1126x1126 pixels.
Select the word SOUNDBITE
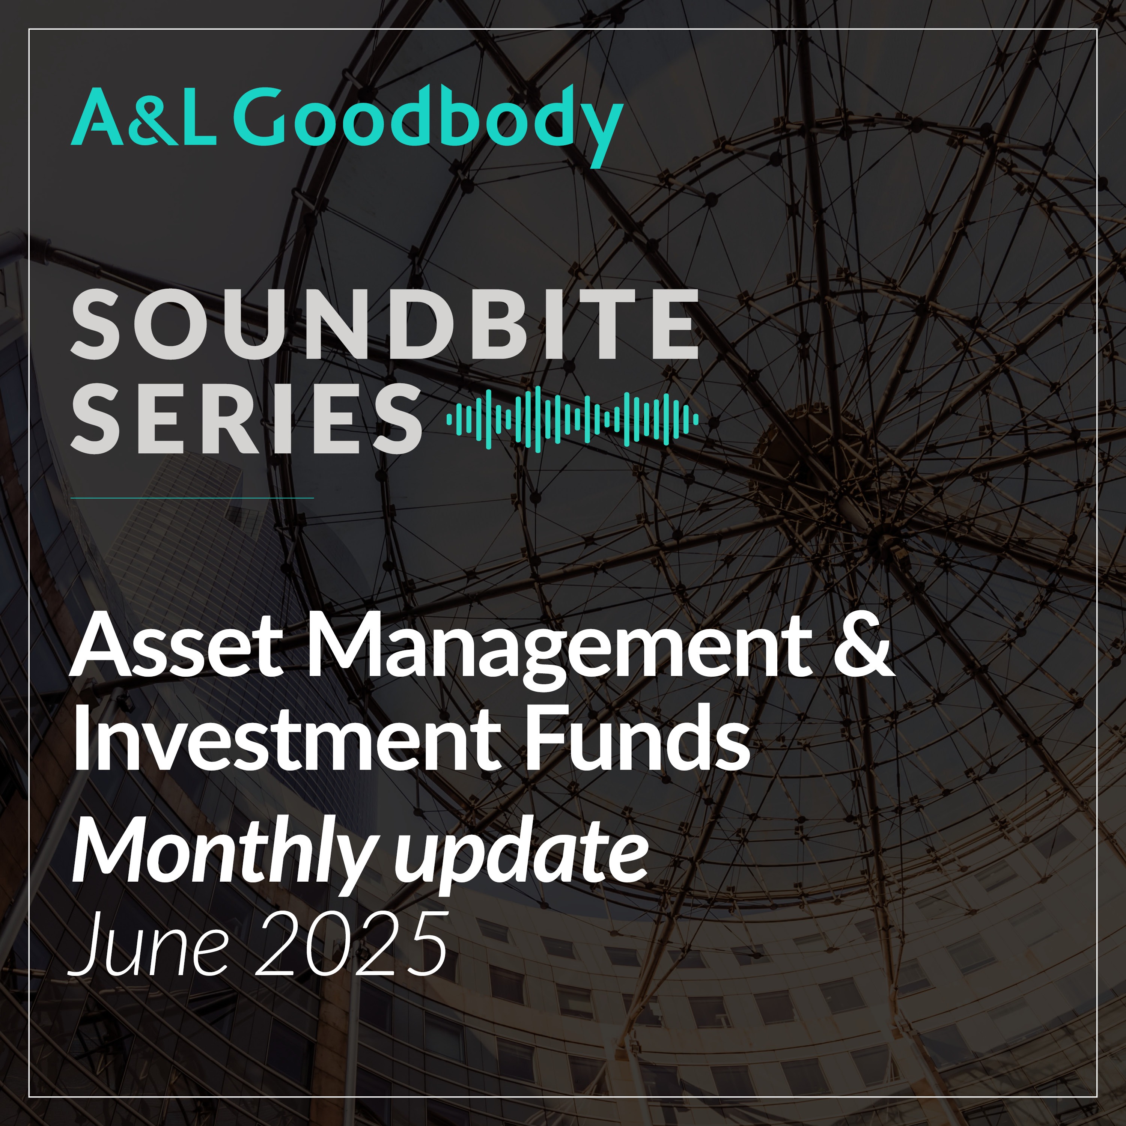click(385, 324)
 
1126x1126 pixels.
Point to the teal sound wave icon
click(572, 418)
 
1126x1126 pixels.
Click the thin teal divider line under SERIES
click(192, 498)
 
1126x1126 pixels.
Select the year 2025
click(351, 944)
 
